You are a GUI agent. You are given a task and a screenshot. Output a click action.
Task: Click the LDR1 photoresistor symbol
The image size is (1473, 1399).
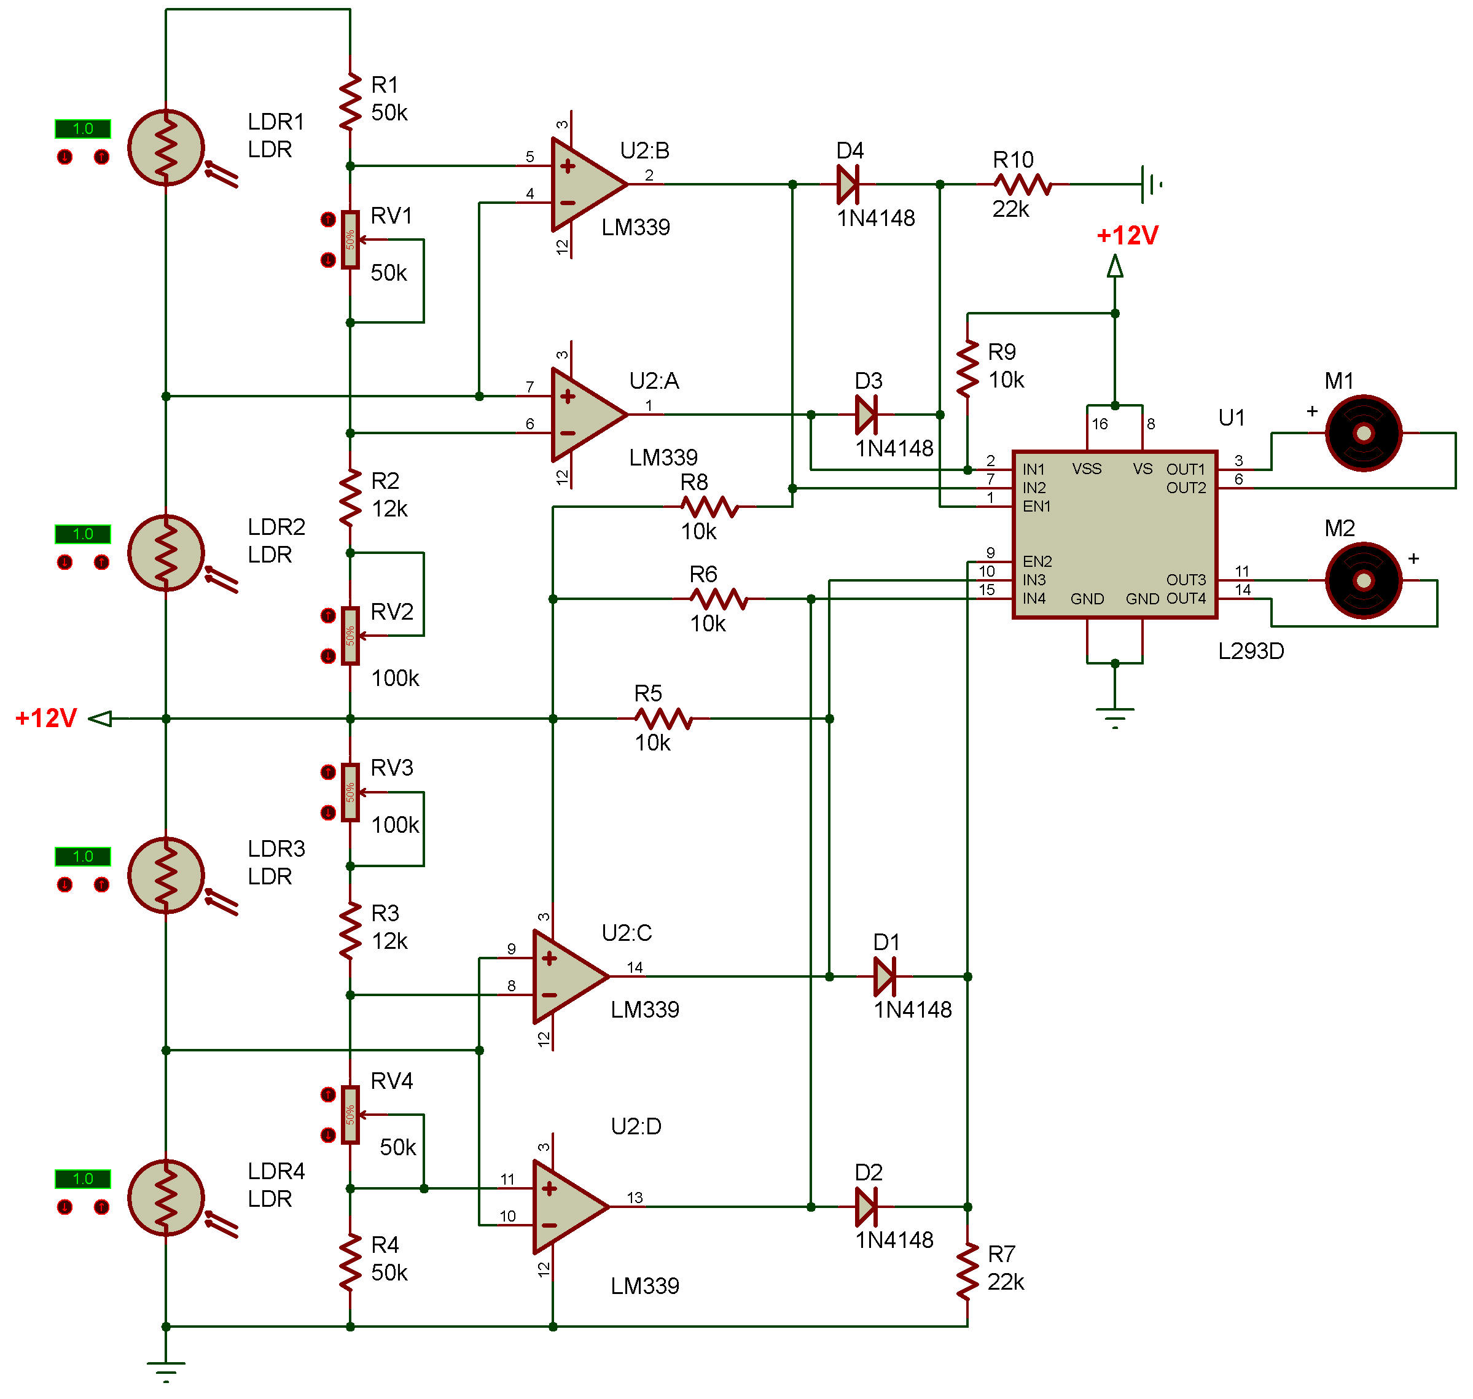click(x=166, y=147)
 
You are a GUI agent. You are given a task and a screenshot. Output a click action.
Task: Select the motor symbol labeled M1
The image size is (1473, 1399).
click(x=1364, y=432)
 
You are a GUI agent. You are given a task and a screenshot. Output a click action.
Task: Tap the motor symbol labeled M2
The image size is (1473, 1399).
click(x=1364, y=580)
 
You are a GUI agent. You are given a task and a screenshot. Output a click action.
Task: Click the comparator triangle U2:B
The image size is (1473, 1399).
click(x=588, y=184)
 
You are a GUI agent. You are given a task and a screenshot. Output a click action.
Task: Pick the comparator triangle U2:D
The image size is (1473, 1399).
click(x=571, y=1207)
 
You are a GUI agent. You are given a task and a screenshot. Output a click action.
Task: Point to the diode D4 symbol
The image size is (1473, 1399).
click(x=848, y=184)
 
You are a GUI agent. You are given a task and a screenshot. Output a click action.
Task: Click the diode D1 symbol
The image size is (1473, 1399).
click(x=885, y=976)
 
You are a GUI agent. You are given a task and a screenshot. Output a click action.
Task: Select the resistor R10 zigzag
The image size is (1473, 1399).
click(x=1023, y=184)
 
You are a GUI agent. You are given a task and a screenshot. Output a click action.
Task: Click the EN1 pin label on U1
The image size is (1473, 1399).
click(x=1037, y=506)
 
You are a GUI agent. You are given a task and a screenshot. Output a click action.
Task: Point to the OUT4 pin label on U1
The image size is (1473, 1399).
click(x=1186, y=598)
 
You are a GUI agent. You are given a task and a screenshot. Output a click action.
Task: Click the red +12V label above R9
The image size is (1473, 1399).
click(x=1127, y=236)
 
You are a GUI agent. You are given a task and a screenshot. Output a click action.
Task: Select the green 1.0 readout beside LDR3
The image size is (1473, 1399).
click(x=83, y=856)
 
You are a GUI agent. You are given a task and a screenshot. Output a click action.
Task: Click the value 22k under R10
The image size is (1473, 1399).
click(x=1010, y=209)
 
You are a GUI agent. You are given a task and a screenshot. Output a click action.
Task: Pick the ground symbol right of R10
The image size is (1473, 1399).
click(x=1151, y=184)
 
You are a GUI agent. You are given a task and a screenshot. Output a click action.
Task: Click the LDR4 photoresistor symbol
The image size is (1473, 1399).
click(x=166, y=1198)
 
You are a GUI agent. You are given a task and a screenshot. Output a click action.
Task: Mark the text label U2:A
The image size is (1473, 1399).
click(x=654, y=381)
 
